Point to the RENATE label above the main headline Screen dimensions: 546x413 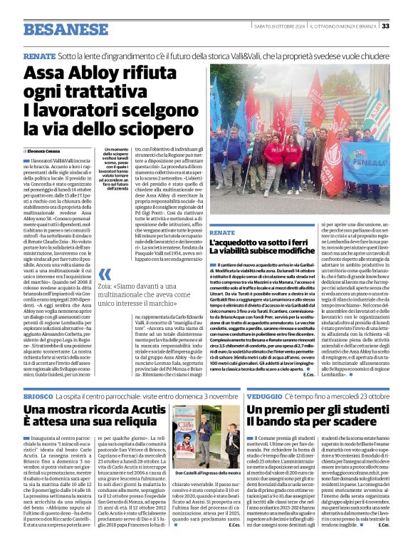click(x=39, y=55)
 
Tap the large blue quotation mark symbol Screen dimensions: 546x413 click(x=105, y=275)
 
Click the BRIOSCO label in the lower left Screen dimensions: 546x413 click(x=38, y=395)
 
